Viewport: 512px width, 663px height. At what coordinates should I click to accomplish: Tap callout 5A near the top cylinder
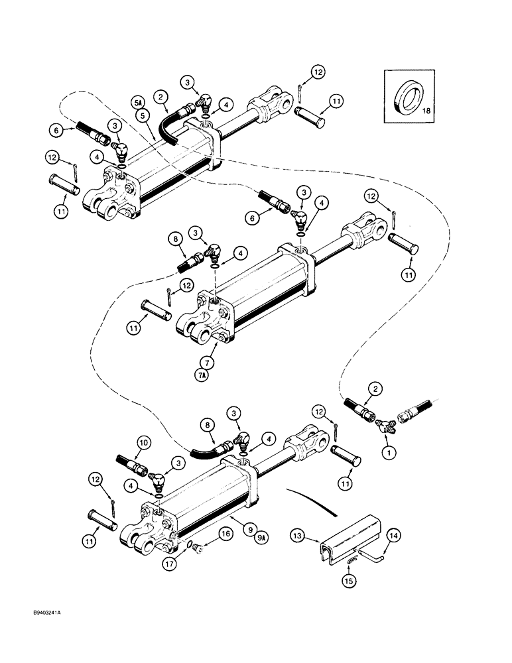coord(138,103)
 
